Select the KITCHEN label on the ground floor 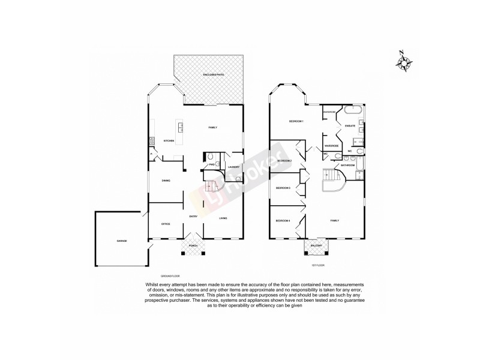pyautogui.click(x=169, y=141)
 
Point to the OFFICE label pyautogui.click(x=166, y=224)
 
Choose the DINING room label pyautogui.click(x=166, y=181)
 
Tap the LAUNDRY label pyautogui.click(x=233, y=167)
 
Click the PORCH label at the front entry pyautogui.click(x=193, y=245)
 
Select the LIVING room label pyautogui.click(x=223, y=218)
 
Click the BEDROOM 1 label pyautogui.click(x=296, y=122)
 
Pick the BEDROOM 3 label pyautogui.click(x=283, y=188)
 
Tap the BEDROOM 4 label pyautogui.click(x=283, y=221)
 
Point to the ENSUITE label pyautogui.click(x=350, y=125)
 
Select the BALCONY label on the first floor pyautogui.click(x=316, y=245)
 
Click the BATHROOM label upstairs pyautogui.click(x=348, y=165)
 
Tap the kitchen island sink pyautogui.click(x=179, y=127)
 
